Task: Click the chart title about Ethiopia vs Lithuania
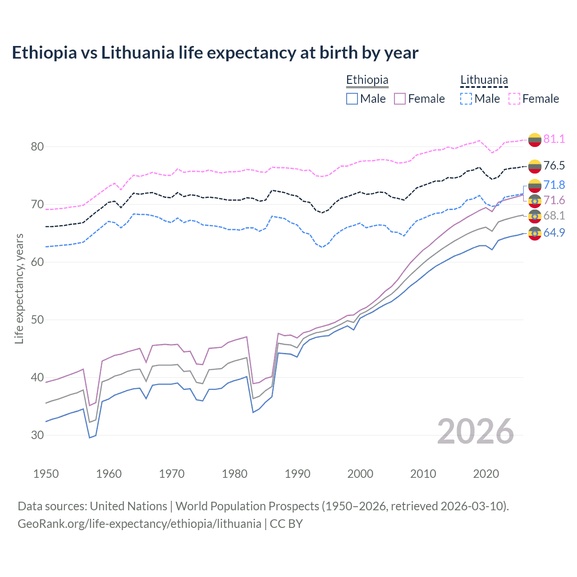[x=215, y=53]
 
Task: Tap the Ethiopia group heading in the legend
[x=367, y=80]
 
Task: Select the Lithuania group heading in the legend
[x=484, y=80]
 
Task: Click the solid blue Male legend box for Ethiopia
[x=352, y=99]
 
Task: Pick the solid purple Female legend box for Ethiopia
[x=400, y=99]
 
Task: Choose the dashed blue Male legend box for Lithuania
[x=466, y=99]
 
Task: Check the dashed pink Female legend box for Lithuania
[x=514, y=99]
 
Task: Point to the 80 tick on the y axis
[x=37, y=147]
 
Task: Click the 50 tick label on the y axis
[x=37, y=320]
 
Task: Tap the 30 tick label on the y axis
[x=37, y=435]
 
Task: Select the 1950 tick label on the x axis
[x=46, y=474]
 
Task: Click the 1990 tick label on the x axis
[x=298, y=474]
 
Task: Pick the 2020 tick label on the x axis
[x=486, y=474]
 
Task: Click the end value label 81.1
[x=554, y=139]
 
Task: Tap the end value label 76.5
[x=554, y=165]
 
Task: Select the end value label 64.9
[x=554, y=233]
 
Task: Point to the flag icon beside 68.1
[x=535, y=216]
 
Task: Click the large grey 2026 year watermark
[x=476, y=431]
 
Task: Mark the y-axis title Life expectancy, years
[x=19, y=288]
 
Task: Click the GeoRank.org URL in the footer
[x=139, y=524]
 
